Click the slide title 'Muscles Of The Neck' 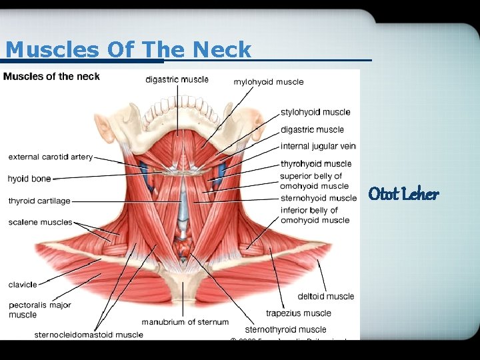tap(128, 49)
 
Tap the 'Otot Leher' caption tap(403, 194)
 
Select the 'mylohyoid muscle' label tap(268, 82)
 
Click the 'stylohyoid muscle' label tap(315, 112)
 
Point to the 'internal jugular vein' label tap(318, 146)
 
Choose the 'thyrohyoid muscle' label tap(315, 163)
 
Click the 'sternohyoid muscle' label tap(318, 198)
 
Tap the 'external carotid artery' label tap(50, 157)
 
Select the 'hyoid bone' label tap(29, 179)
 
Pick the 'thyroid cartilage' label tap(39, 201)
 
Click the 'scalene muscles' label tap(40, 222)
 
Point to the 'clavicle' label tap(23, 285)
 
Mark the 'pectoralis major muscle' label tap(39, 309)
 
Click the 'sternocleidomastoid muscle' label tap(89, 335)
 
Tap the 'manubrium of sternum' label tap(185, 322)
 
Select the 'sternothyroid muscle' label tap(285, 329)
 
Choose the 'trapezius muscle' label tap(298, 313)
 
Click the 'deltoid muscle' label tap(326, 296)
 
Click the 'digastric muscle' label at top tap(177, 79)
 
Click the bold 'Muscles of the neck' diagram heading tap(51, 76)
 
